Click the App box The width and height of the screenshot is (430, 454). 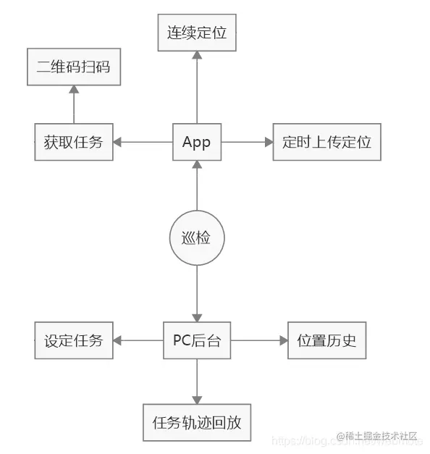196,142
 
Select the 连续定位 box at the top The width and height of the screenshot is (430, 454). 197,33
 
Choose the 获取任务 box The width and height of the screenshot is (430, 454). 73,142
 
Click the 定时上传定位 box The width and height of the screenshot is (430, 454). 326,142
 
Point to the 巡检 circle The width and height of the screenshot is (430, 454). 196,237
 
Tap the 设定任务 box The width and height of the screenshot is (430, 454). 73,340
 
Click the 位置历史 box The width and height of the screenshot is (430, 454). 326,340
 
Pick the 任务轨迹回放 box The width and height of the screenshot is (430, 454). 196,422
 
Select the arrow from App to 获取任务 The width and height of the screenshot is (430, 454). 143,142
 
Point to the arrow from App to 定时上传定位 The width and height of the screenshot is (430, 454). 247,142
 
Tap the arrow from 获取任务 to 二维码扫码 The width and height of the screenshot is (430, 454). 73,104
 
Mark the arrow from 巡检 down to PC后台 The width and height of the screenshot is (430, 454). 196,293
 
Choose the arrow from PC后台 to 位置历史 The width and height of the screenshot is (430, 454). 259,340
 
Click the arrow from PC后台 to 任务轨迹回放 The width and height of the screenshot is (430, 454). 196,381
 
